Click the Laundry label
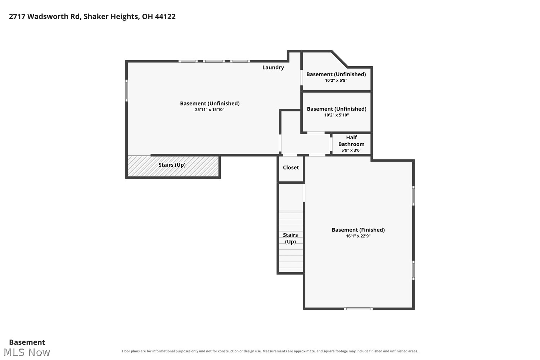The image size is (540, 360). click(x=273, y=68)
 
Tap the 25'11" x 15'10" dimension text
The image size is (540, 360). click(x=210, y=110)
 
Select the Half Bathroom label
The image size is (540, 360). click(x=351, y=141)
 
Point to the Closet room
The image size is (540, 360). click(x=291, y=168)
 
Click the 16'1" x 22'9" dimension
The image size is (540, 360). click(x=358, y=236)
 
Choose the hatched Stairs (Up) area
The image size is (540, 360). click(x=173, y=166)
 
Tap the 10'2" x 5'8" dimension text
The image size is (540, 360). click(x=336, y=81)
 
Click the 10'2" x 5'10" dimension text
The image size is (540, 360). click(x=337, y=115)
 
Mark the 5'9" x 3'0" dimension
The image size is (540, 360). click(x=351, y=150)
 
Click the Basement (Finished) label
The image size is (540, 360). click(x=358, y=230)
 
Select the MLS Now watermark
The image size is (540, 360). click(x=27, y=352)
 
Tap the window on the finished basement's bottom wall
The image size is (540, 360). click(x=358, y=309)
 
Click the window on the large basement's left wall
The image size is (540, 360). click(x=127, y=90)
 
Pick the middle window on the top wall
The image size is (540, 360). click(x=213, y=61)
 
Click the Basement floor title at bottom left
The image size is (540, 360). click(x=27, y=342)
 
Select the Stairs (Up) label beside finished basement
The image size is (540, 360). click(x=290, y=238)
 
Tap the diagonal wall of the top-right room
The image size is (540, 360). click(x=339, y=59)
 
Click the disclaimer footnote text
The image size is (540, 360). click(x=270, y=351)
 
